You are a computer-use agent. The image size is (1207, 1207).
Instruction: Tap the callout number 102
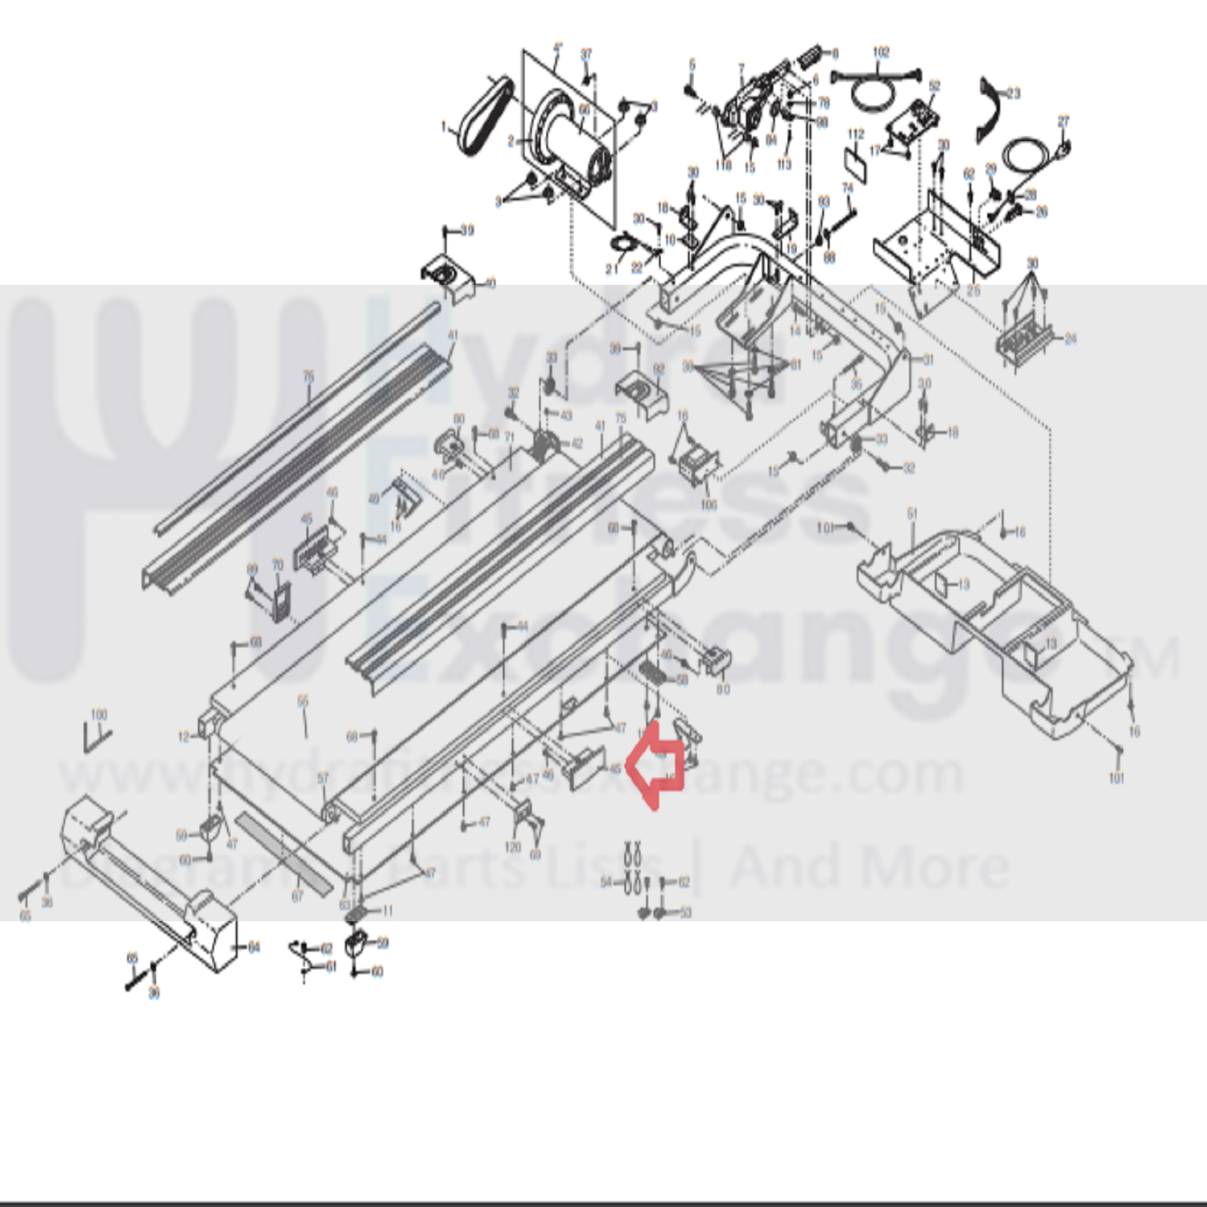tap(881, 52)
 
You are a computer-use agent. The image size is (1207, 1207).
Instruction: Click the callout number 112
tap(855, 134)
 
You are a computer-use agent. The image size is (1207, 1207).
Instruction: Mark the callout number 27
tap(1063, 122)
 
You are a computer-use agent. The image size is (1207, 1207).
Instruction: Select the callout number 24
tap(1070, 338)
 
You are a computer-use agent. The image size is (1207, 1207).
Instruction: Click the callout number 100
tap(98, 714)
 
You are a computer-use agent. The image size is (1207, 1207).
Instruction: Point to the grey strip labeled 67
tap(282, 854)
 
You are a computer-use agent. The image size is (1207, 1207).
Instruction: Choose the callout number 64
tap(254, 948)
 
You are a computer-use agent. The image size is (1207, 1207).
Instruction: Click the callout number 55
tap(303, 701)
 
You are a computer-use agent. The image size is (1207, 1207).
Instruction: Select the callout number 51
tap(911, 513)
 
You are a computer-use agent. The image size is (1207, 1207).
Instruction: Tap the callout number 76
tap(308, 376)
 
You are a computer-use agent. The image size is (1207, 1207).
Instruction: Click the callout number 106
tap(709, 505)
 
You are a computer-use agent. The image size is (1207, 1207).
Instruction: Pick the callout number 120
tap(512, 846)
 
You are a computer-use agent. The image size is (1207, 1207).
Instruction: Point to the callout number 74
tap(847, 188)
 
